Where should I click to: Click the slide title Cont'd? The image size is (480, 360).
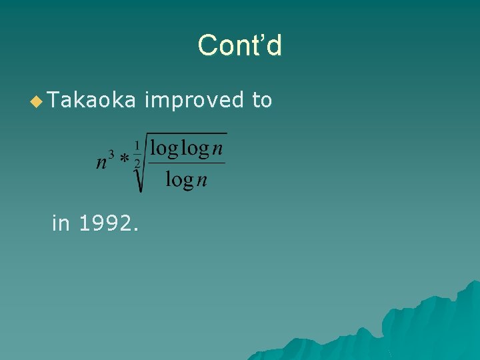point(240,45)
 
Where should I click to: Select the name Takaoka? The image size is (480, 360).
point(92,100)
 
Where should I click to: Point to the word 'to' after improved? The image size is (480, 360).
point(262,100)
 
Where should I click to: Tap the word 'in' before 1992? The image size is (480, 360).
point(61,223)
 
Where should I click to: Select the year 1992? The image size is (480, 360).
point(109,223)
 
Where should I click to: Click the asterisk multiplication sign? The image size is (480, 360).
point(124,161)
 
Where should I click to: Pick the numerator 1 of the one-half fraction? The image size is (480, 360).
point(137,145)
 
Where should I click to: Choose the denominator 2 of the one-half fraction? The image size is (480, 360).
point(137,162)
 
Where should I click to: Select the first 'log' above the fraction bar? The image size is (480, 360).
point(163,148)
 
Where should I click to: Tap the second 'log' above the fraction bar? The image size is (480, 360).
point(195,148)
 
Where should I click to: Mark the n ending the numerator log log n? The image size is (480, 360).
point(219,150)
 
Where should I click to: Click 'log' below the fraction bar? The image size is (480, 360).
point(178,179)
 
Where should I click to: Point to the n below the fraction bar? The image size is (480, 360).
point(201,181)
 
